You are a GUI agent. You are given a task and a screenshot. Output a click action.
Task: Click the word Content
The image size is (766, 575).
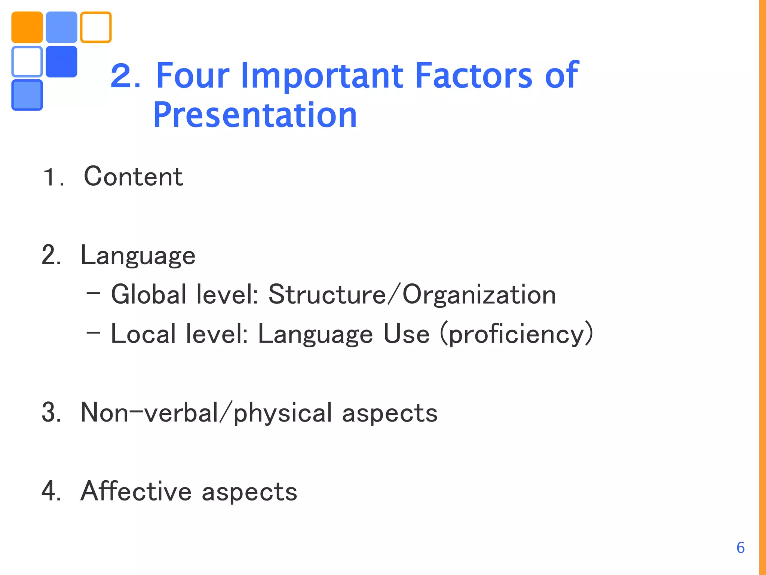click(x=134, y=176)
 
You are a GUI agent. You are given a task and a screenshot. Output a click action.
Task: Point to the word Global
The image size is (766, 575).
click(x=148, y=295)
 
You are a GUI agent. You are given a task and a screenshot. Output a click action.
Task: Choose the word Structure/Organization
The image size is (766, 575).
click(x=412, y=295)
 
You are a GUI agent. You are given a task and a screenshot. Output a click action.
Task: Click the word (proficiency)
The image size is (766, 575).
click(x=517, y=334)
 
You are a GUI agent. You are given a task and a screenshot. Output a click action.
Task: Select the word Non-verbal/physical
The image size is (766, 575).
click(x=206, y=413)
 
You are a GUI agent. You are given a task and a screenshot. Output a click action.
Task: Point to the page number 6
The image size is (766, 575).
click(x=740, y=548)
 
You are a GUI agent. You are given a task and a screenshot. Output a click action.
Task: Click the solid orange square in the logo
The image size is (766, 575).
click(x=27, y=27)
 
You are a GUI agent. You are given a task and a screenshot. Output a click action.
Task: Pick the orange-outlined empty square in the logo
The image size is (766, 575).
click(x=96, y=27)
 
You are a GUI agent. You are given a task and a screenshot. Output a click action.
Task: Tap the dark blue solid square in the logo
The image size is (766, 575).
click(x=61, y=61)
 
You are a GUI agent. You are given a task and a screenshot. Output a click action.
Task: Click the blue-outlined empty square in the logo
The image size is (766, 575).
click(x=27, y=61)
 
